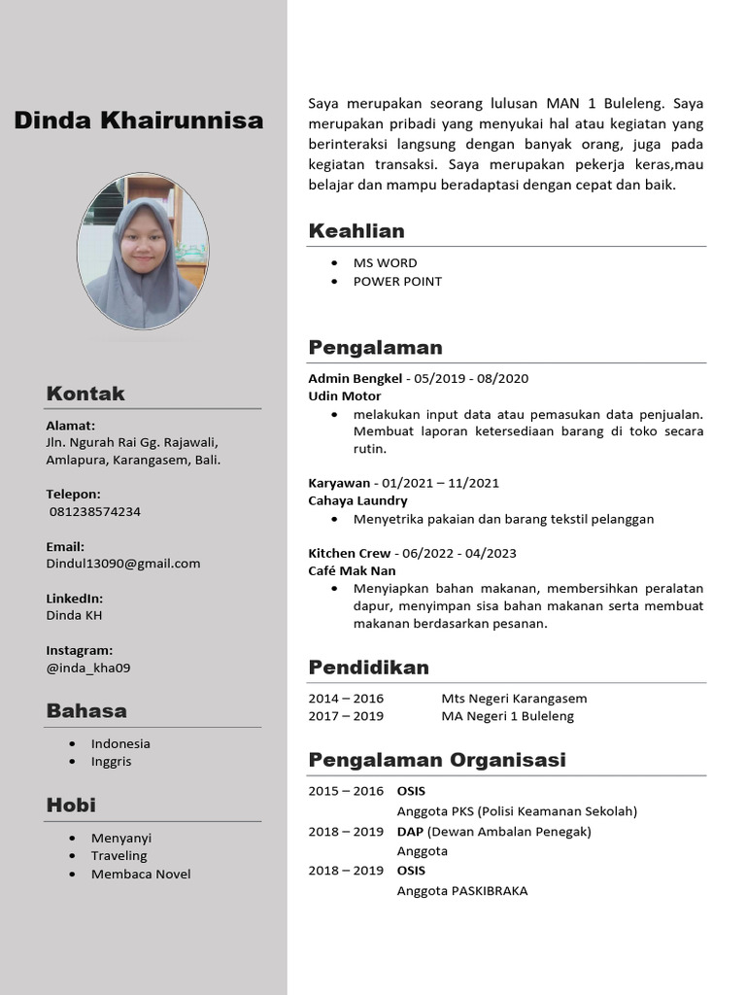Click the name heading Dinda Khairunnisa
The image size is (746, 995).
[x=138, y=120]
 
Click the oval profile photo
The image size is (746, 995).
[x=142, y=251]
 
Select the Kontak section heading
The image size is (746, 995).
[x=85, y=394]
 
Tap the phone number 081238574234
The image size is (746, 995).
[x=94, y=511]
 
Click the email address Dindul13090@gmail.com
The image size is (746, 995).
[x=123, y=563]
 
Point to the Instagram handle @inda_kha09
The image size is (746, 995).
[x=88, y=668]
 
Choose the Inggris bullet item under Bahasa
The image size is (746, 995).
[x=111, y=761]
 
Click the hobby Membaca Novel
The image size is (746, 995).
[x=141, y=874]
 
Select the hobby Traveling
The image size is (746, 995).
[x=119, y=855]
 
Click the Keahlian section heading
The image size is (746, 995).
[x=356, y=230]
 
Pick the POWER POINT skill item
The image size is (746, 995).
[x=397, y=281]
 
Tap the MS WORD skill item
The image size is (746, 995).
[x=385, y=262]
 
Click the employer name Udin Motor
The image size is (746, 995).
[x=345, y=395]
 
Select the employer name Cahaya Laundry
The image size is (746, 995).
[x=357, y=500]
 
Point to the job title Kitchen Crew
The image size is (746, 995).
[x=350, y=553]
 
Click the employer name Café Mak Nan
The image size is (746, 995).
[x=352, y=570]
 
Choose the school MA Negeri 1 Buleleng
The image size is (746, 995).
[x=507, y=716]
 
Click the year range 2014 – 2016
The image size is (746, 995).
[x=346, y=698]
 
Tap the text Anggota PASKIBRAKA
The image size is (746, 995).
[x=461, y=890]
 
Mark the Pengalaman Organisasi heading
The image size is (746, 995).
[x=437, y=759]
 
